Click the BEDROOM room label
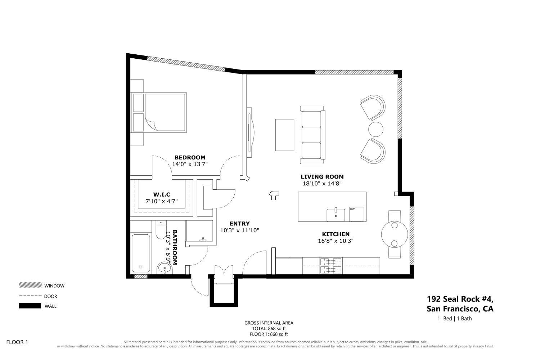(190, 157)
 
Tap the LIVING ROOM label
(322, 176)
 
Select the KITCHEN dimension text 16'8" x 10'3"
(336, 240)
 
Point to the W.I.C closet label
(162, 194)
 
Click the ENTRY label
(239, 224)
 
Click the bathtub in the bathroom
(141, 253)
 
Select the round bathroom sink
(165, 268)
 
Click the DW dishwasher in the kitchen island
(356, 214)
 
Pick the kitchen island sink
(336, 214)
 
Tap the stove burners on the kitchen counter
(331, 266)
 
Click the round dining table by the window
(395, 234)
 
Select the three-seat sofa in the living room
(313, 135)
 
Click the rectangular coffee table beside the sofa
(285, 135)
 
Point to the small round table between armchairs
(375, 129)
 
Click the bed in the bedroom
(159, 112)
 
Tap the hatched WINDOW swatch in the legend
(30, 285)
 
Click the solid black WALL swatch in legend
(30, 306)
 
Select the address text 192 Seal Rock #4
(460, 299)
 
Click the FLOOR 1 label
(17, 342)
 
